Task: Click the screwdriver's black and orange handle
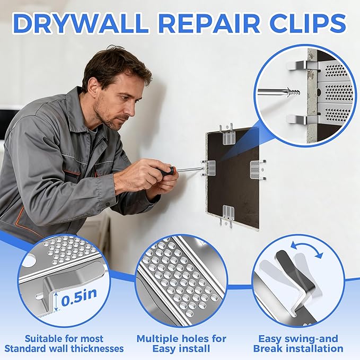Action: pos(165,172)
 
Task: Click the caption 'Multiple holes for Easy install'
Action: pos(181,343)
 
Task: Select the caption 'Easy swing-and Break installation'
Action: pos(298,343)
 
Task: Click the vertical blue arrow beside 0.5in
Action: pos(56,303)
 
